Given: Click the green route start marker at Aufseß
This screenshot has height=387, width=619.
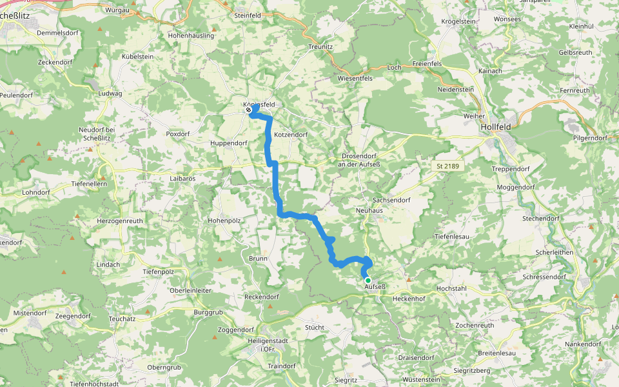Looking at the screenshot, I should click(368, 281).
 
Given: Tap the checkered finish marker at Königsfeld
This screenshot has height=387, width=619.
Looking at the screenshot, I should click(248, 110).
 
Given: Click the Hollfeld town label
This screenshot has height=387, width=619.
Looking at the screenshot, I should click(495, 128).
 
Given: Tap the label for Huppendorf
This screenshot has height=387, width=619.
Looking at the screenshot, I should click(229, 143).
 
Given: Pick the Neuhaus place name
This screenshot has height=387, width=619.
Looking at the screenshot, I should click(369, 210).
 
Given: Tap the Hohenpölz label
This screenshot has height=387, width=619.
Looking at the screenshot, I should click(224, 221).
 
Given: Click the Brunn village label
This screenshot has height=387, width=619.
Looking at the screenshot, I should click(258, 258).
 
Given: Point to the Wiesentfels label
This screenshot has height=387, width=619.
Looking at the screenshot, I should click(355, 78).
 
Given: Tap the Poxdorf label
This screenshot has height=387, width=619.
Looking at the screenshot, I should click(179, 134).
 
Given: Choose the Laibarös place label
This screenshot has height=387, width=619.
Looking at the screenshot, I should click(182, 177).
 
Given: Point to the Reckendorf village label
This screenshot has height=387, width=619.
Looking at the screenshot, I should click(261, 297).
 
